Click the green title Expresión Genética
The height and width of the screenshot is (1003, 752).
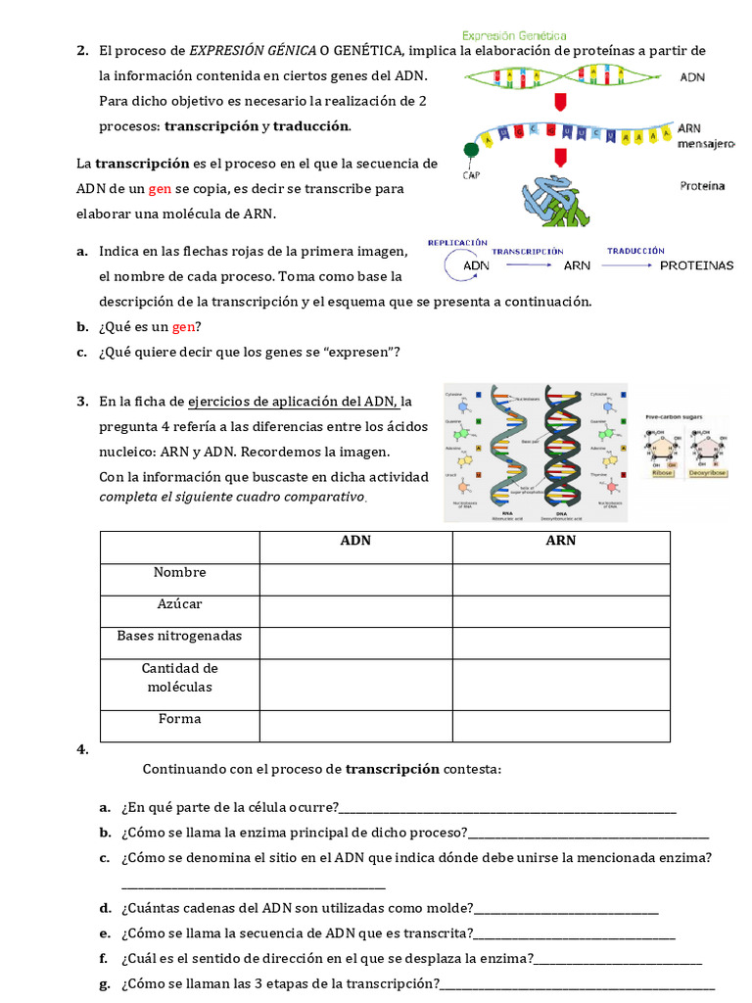point(514,35)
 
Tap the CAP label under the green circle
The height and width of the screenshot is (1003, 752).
point(471,176)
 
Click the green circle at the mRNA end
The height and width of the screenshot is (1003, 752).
point(472,150)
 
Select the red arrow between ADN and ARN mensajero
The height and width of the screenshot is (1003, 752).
point(560,103)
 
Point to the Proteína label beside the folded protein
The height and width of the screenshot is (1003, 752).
point(701,185)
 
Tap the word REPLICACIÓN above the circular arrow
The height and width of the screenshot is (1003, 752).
point(457,241)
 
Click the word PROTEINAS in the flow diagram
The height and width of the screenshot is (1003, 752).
point(696,265)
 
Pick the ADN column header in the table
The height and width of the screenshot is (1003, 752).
point(355,541)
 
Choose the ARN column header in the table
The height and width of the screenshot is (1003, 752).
point(561,541)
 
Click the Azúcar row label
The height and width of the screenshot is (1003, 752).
point(179,604)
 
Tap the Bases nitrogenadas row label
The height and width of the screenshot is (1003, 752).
point(179,636)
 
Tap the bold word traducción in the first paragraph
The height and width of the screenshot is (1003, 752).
point(310,126)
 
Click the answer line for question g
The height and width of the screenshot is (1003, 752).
point(577,984)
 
